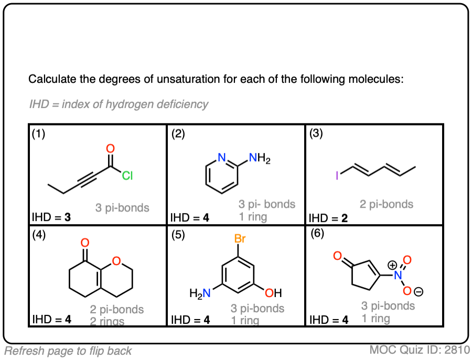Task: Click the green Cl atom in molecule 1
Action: pyautogui.click(x=127, y=176)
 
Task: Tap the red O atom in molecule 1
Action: pyautogui.click(x=110, y=150)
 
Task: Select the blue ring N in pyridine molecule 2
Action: pyautogui.click(x=222, y=157)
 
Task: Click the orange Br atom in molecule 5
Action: pyautogui.click(x=240, y=239)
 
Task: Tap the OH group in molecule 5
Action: pyautogui.click(x=274, y=292)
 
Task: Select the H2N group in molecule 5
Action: pyautogui.click(x=200, y=293)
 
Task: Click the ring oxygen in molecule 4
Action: pyautogui.click(x=116, y=261)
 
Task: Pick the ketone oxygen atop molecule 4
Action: pyautogui.click(x=85, y=243)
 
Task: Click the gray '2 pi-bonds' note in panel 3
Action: pyautogui.click(x=387, y=204)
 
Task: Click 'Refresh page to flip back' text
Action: pyautogui.click(x=68, y=351)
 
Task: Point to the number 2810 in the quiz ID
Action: pyautogui.click(x=456, y=350)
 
